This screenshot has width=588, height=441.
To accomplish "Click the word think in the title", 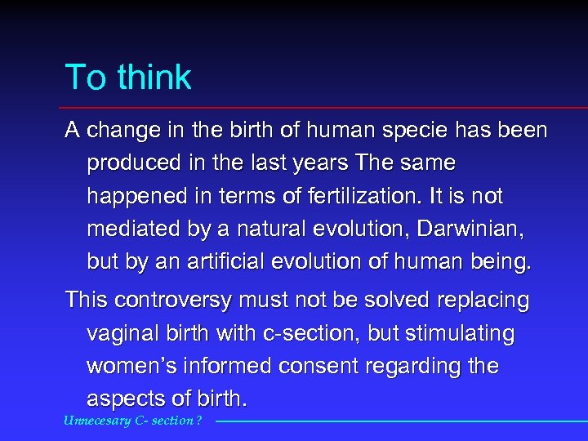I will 154,78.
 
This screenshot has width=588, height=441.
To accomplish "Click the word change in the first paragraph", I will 115,131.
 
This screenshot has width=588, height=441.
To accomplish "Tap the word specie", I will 409,131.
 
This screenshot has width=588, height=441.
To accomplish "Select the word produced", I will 131,163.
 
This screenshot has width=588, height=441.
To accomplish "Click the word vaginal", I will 122,334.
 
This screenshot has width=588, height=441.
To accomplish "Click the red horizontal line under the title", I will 327,108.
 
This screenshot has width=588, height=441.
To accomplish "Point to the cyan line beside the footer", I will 400,421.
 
